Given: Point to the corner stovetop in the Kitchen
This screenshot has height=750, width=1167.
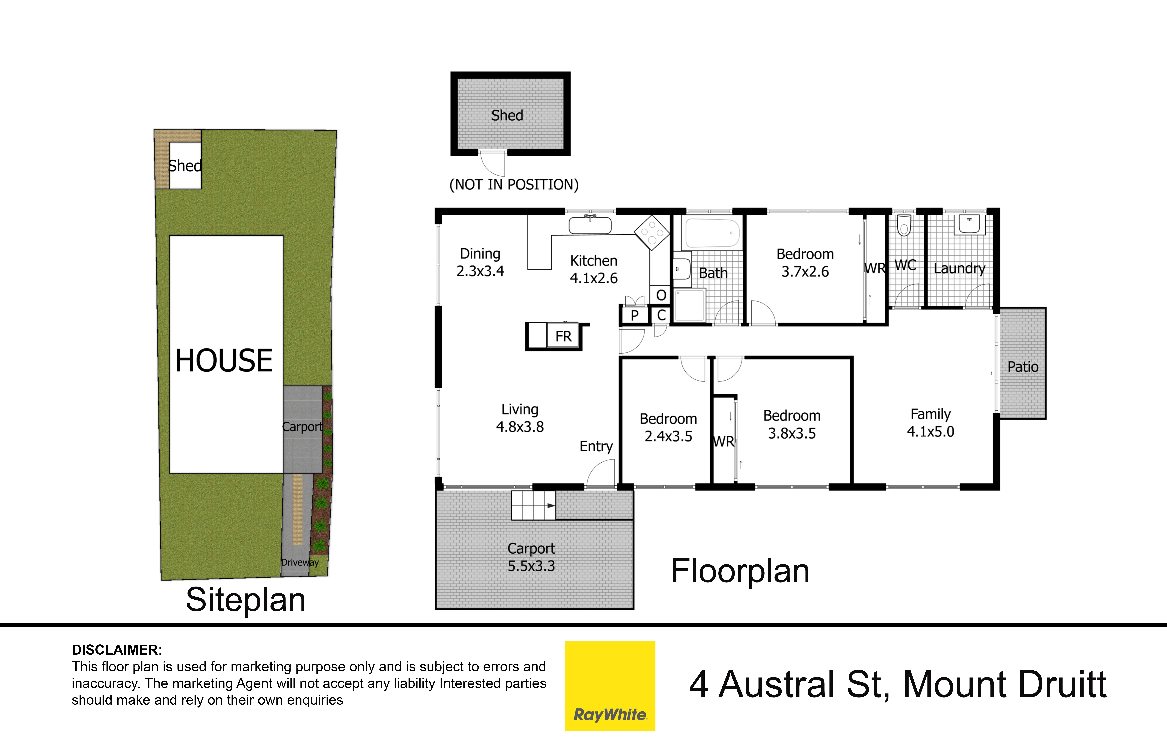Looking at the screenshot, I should [652, 232].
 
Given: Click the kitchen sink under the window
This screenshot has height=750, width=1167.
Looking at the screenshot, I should [590, 226].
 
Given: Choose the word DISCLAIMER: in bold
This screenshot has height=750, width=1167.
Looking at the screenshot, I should [117, 650].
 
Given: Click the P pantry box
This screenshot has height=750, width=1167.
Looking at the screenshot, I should [634, 315].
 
